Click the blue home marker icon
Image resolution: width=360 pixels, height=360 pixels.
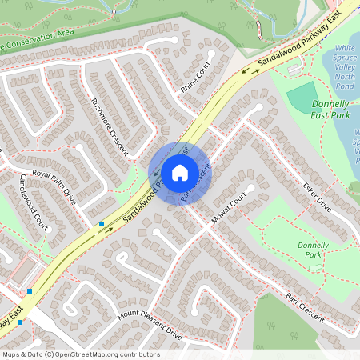point(179,172)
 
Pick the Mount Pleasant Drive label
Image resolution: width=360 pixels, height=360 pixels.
point(150,325)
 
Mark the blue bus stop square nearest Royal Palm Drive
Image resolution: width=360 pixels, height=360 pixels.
point(101,224)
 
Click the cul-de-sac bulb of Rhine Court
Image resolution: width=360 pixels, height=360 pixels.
point(210,54)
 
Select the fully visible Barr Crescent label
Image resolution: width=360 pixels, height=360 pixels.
point(305,307)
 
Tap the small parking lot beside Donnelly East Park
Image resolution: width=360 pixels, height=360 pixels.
point(296,69)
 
